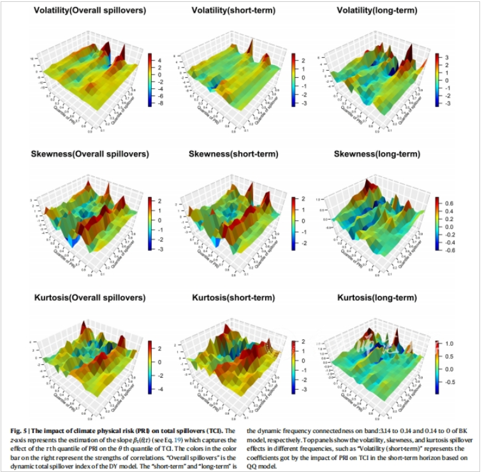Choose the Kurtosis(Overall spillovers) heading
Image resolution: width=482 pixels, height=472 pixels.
click(91, 298)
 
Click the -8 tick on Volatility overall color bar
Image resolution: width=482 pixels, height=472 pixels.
click(161, 103)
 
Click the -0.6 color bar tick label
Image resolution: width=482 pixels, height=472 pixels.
click(449, 250)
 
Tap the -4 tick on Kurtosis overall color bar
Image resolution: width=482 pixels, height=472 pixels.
click(161, 389)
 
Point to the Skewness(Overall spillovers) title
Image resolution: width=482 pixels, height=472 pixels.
click(91, 154)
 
